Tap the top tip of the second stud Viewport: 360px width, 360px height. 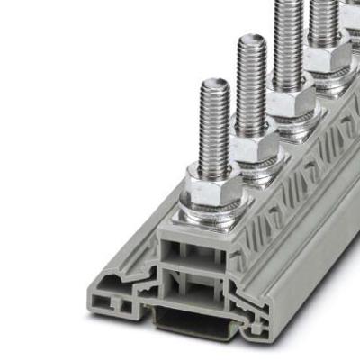252,40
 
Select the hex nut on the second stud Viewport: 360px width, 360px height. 255,144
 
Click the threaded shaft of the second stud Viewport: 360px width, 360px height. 253,85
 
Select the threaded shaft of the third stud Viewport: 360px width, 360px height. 290,40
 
